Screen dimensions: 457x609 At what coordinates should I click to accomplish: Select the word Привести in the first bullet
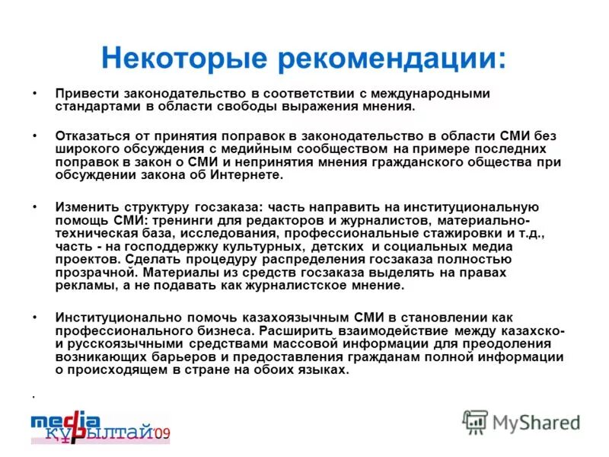pos(84,93)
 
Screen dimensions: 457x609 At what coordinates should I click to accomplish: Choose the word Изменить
pos(85,206)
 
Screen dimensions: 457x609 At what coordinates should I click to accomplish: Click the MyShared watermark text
pos(537,422)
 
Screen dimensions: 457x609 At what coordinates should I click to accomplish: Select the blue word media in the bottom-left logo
pos(65,420)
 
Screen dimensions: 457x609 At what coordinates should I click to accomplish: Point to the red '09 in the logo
pos(161,434)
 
